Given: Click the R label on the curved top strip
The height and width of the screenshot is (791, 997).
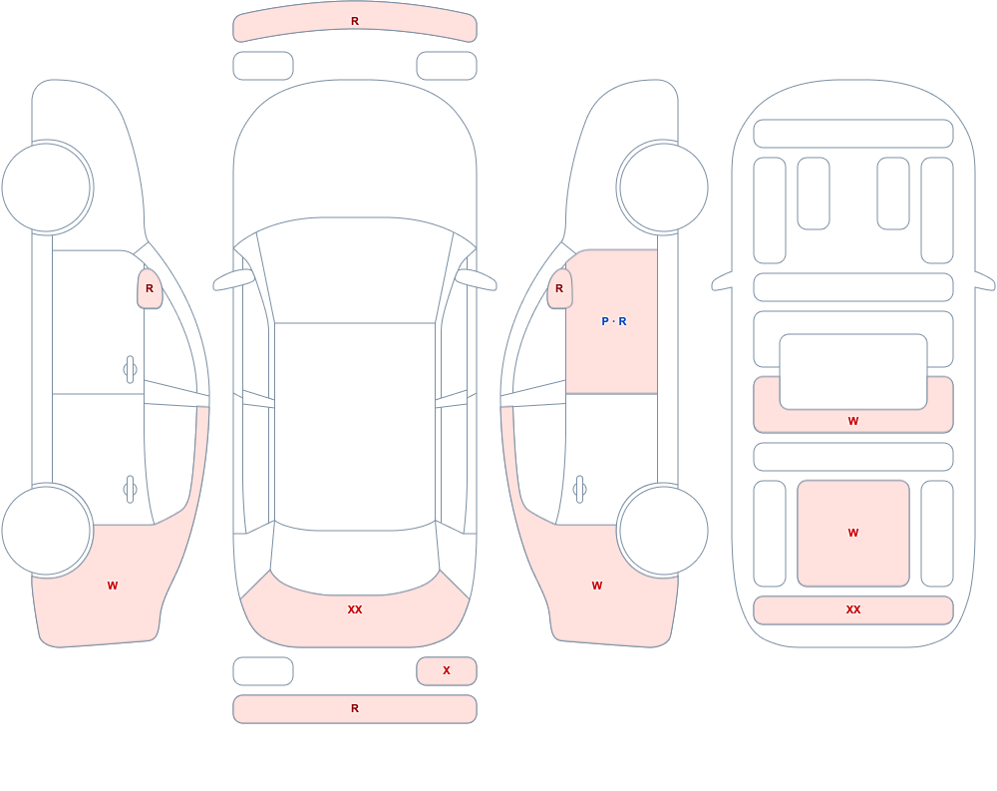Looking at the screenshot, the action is tap(355, 21).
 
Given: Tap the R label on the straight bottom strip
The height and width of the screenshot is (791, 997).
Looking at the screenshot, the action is tap(355, 708).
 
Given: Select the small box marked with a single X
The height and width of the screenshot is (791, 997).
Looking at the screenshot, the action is tap(447, 670).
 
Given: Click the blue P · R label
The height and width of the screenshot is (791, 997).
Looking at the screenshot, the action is tap(613, 321).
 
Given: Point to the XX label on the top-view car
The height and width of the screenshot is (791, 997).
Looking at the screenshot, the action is tap(355, 609).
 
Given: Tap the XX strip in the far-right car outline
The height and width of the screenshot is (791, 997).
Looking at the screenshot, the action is tap(853, 610).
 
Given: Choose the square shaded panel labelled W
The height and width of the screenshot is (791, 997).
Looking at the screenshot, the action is tap(853, 534).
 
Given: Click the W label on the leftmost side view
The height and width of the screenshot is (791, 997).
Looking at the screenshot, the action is tap(113, 586).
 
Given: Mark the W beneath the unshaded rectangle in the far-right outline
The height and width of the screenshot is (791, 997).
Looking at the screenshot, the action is tap(853, 421).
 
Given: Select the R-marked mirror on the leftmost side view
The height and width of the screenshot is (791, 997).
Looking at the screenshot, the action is tap(151, 288).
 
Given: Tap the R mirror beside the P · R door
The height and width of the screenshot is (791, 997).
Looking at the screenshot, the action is tap(559, 288).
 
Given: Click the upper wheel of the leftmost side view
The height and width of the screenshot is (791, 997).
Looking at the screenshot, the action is tap(47, 188).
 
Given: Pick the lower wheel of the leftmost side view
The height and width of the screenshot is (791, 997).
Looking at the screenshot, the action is tap(47, 530).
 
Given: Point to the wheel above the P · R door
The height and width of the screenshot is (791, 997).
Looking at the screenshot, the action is tap(663, 188).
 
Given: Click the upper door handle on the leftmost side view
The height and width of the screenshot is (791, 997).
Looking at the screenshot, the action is tap(131, 369).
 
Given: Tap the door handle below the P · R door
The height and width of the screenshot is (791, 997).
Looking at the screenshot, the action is tap(579, 490).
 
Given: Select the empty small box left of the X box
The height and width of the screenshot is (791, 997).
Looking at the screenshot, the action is tap(263, 670).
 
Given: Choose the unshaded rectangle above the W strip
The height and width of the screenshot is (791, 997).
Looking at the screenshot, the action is tap(853, 372).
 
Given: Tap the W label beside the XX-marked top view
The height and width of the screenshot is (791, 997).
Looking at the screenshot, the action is tap(597, 586).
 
